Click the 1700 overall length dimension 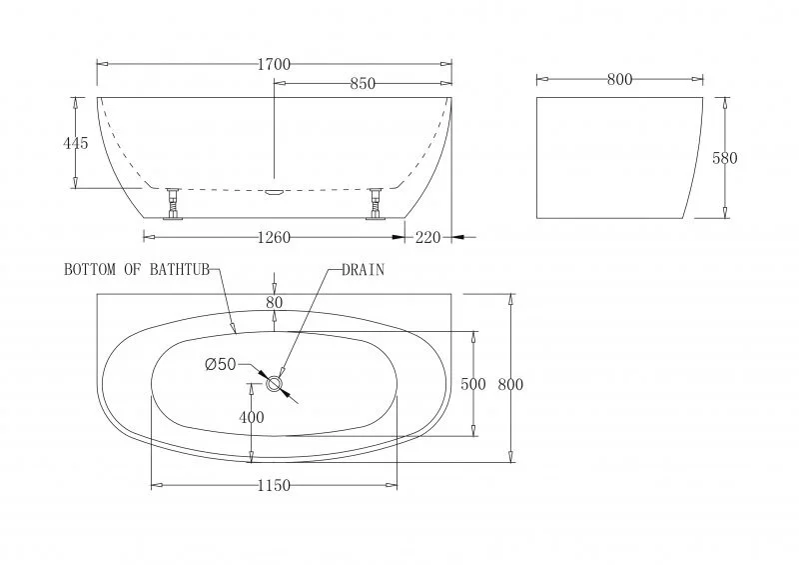pyautogui.click(x=274, y=65)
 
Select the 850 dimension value pyautogui.click(x=363, y=84)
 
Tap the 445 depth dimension pyautogui.click(x=76, y=143)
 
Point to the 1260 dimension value pyautogui.click(x=274, y=238)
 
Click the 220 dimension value pyautogui.click(x=427, y=238)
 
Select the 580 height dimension pyautogui.click(x=724, y=158)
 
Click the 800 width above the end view pyautogui.click(x=619, y=80)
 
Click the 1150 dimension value pyautogui.click(x=274, y=486)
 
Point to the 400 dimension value pyautogui.click(x=252, y=417)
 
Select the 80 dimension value pyautogui.click(x=275, y=302)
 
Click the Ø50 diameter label pyautogui.click(x=220, y=365)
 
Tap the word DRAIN pyautogui.click(x=364, y=270)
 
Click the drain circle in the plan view pyautogui.click(x=276, y=384)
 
